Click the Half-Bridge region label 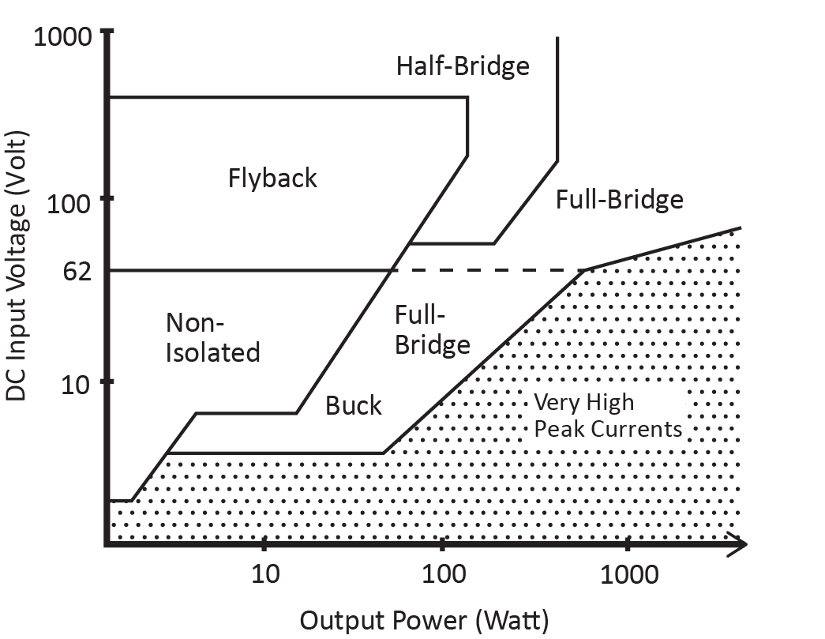(x=462, y=66)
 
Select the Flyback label (x=272, y=178)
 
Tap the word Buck (x=353, y=405)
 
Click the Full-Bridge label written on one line (x=619, y=199)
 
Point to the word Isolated (x=212, y=351)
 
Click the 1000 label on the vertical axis (x=62, y=37)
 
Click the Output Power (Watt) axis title (x=423, y=619)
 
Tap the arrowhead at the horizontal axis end (x=737, y=544)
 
